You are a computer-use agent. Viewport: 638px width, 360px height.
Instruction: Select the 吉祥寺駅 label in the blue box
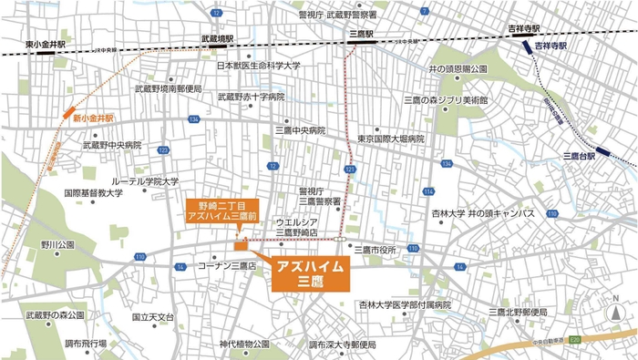[x=551, y=45]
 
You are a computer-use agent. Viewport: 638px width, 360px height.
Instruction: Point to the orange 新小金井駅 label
[x=94, y=118]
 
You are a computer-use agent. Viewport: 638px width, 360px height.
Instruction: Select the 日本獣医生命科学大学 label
[x=258, y=66]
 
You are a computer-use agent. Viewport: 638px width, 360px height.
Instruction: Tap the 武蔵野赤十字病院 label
[x=251, y=96]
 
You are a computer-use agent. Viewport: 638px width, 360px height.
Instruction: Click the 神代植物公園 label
[x=244, y=345]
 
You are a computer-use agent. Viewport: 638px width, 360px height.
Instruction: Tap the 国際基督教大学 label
[x=93, y=193]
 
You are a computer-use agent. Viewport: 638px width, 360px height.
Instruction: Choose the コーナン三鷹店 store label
[x=227, y=265]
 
